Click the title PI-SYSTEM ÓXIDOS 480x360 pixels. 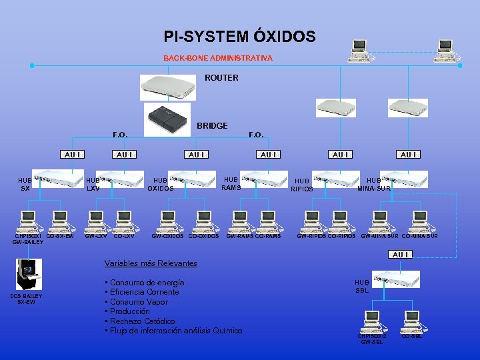239,37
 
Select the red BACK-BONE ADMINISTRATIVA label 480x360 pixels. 218,59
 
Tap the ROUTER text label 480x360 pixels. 221,78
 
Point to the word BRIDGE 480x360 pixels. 212,125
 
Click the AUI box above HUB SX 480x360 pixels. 73,155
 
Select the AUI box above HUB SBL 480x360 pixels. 401,255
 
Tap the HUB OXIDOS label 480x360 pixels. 160,184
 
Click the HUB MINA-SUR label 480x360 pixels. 374,184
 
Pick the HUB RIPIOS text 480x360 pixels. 301,185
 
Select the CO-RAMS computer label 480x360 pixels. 268,236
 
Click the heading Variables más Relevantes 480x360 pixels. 151,263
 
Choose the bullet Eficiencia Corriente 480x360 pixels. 144,292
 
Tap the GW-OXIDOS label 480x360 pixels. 168,236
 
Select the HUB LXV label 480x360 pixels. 93,184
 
